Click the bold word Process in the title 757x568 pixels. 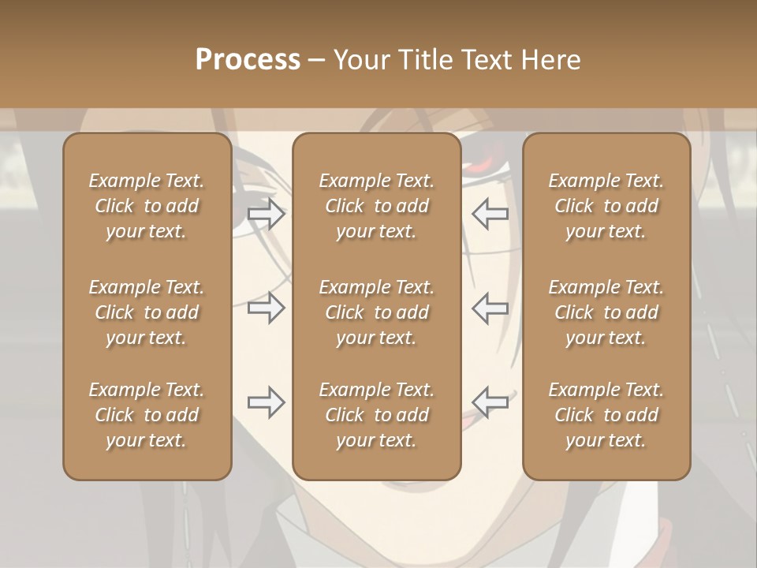pyautogui.click(x=248, y=60)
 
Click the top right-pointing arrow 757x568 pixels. pyautogui.click(x=266, y=214)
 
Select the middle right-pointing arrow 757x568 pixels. pyautogui.click(x=266, y=308)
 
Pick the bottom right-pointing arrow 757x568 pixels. pyautogui.click(x=266, y=402)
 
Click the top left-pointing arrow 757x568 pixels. pyautogui.click(x=490, y=214)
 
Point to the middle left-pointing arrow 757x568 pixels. pyautogui.click(x=490, y=308)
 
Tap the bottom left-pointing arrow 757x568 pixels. pyautogui.click(x=490, y=402)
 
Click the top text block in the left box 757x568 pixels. pyautogui.click(x=147, y=206)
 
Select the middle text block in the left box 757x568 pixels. pyautogui.click(x=147, y=312)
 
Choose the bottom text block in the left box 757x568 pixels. pyautogui.click(x=147, y=415)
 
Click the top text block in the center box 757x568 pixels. pyautogui.click(x=376, y=206)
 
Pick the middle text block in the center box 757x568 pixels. pyautogui.click(x=376, y=312)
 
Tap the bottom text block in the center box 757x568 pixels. pyautogui.click(x=376, y=415)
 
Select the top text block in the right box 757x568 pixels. pyautogui.click(x=606, y=206)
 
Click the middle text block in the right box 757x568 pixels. pyautogui.click(x=606, y=312)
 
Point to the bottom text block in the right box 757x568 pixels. pyautogui.click(x=606, y=415)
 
